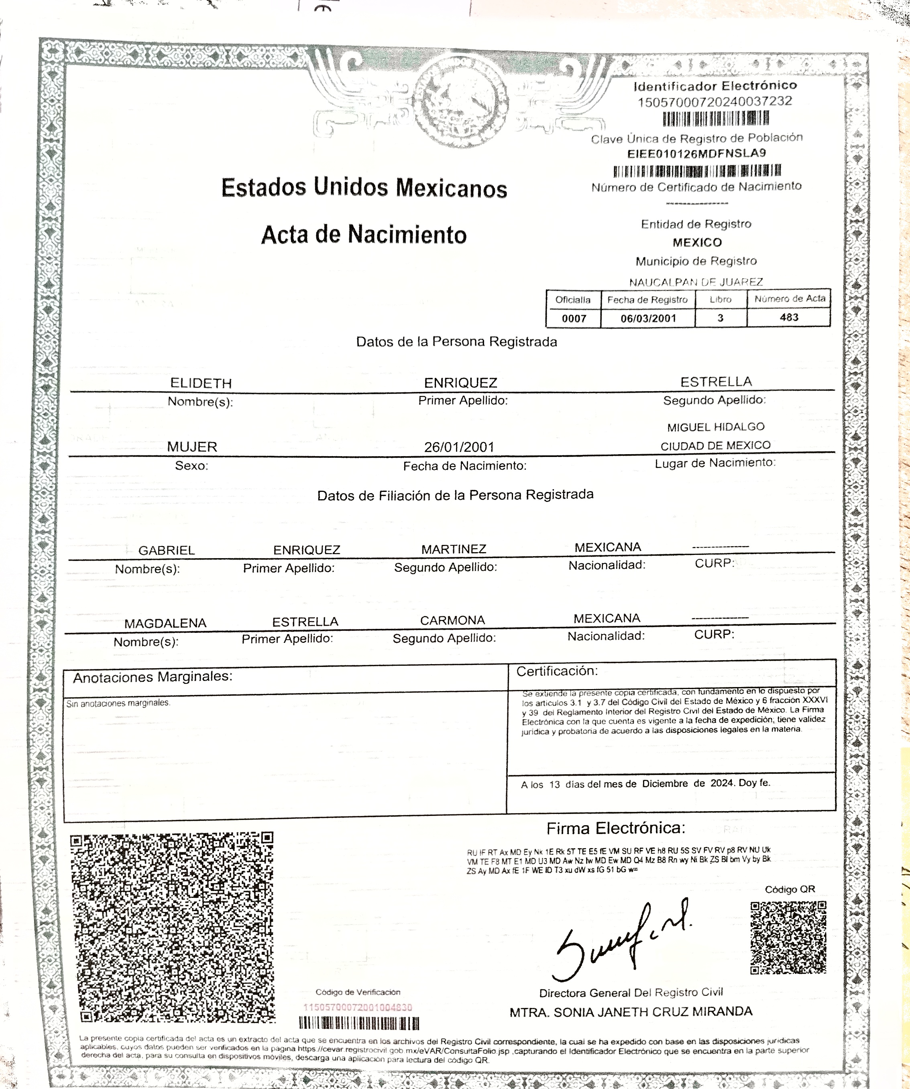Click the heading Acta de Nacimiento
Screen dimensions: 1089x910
(364, 235)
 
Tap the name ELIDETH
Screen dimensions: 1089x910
(201, 383)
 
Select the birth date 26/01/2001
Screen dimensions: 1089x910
(459, 447)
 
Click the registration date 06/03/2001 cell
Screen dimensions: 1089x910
(648, 318)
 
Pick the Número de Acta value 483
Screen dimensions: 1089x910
(789, 317)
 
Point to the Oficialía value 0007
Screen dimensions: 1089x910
(574, 318)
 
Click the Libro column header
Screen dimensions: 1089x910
(720, 300)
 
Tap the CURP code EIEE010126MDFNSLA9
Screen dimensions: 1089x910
(696, 153)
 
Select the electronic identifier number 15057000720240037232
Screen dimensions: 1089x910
(715, 102)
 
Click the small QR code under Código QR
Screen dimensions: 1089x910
(788, 938)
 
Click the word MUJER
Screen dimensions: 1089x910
(192, 447)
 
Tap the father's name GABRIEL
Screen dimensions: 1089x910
(167, 550)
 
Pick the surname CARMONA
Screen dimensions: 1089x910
(452, 620)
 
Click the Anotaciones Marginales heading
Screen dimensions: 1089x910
(153, 677)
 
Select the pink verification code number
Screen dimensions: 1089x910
(357, 1007)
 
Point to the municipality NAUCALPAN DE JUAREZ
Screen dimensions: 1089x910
(696, 282)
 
